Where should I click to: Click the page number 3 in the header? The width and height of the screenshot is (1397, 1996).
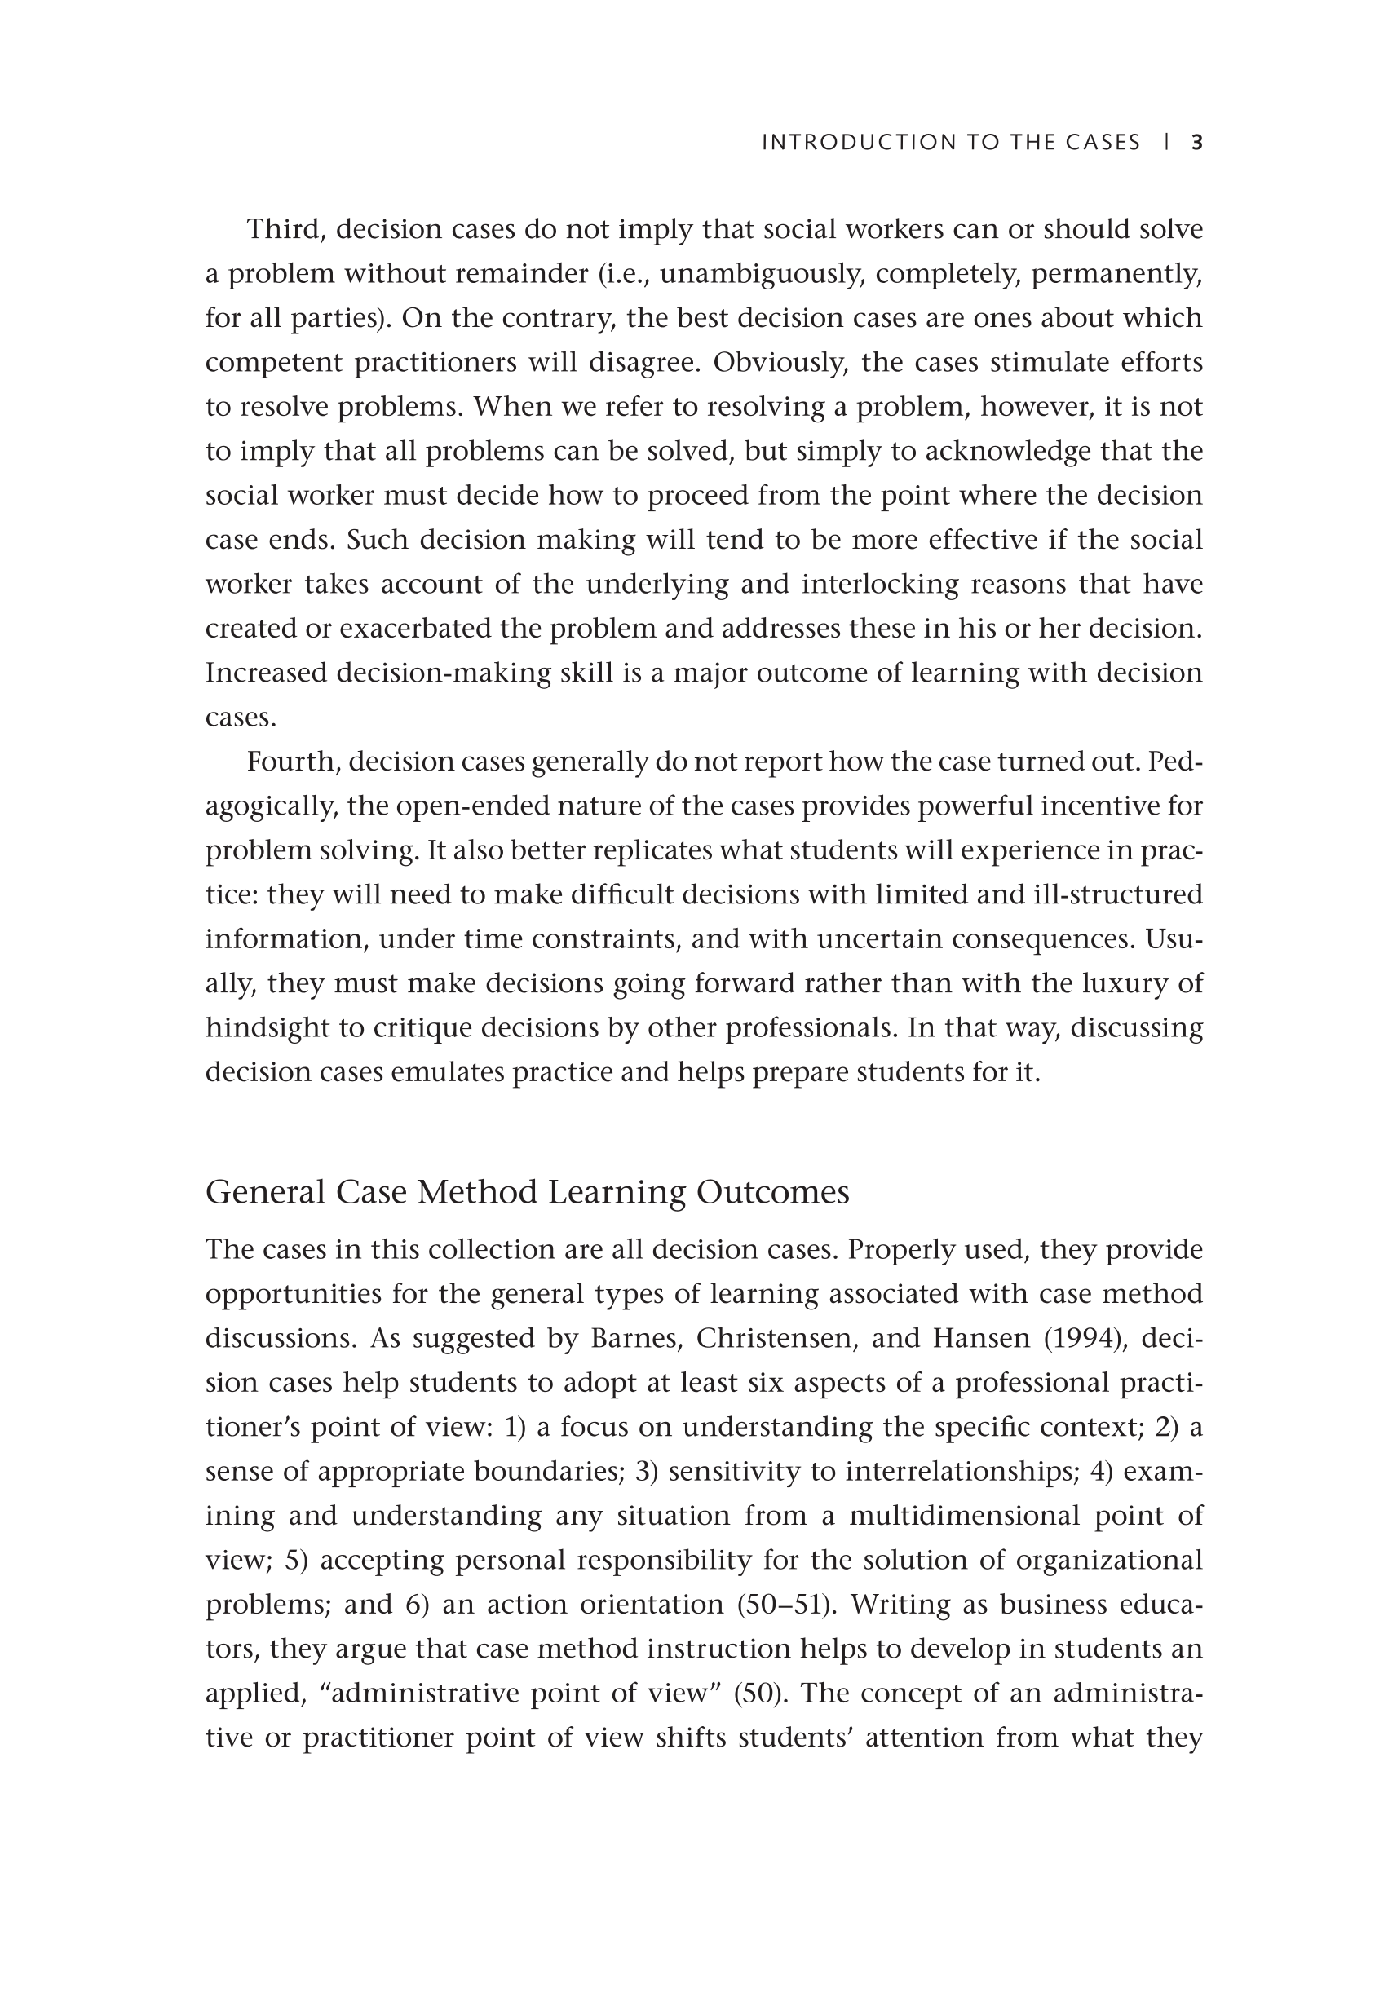tap(1196, 143)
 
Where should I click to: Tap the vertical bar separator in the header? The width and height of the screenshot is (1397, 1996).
tap(1165, 143)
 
